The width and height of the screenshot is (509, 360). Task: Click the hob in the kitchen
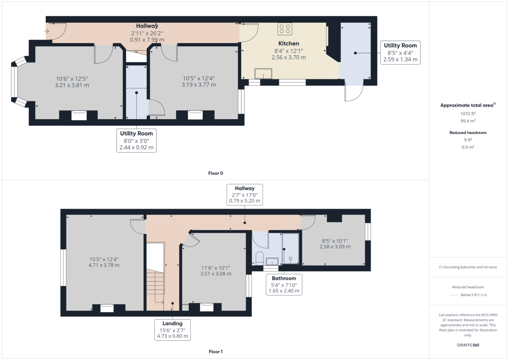285,29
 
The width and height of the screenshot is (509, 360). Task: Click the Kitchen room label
288,43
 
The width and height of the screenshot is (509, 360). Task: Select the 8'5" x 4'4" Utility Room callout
400,52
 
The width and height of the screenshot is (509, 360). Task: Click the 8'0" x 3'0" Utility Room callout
136,141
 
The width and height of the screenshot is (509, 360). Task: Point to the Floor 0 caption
215,173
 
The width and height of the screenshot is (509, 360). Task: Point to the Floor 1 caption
215,352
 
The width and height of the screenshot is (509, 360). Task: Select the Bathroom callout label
284,285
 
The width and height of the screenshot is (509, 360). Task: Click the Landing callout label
172,330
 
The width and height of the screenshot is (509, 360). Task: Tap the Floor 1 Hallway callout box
245,195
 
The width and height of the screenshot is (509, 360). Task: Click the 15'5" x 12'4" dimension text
103,262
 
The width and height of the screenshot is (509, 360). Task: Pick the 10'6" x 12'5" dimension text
72,82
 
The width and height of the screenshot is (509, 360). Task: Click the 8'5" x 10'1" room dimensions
335,243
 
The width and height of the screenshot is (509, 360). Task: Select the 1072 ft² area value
468,114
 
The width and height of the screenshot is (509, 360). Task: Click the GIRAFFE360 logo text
468,345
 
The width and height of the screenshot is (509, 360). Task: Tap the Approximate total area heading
467,105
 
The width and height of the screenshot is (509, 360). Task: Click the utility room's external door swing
353,92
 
